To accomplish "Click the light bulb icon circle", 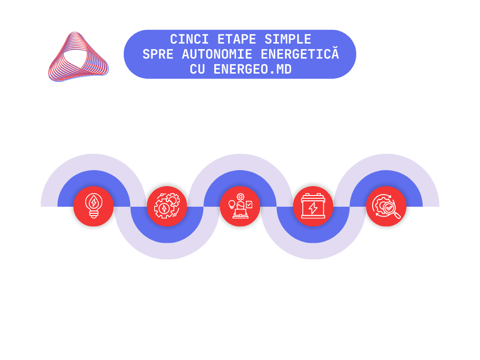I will (94, 206).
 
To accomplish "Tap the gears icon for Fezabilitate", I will (167, 206).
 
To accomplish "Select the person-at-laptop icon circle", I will (240, 206).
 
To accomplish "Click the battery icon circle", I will (313, 206).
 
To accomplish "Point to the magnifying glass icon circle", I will (386, 206).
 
